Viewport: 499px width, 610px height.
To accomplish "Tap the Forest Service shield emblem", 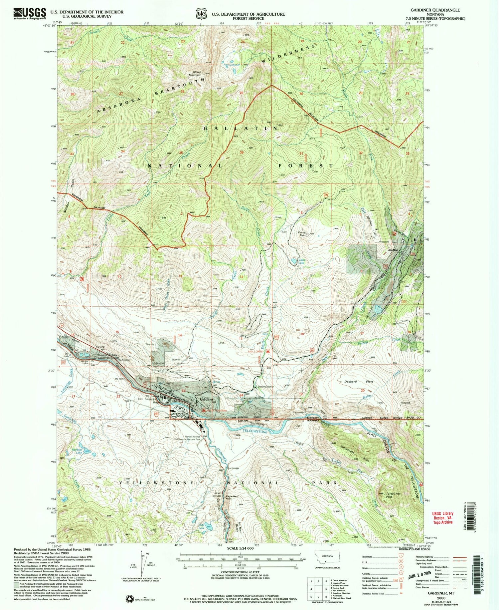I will (x=201, y=15).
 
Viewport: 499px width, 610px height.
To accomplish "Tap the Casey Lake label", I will (x=302, y=261).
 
